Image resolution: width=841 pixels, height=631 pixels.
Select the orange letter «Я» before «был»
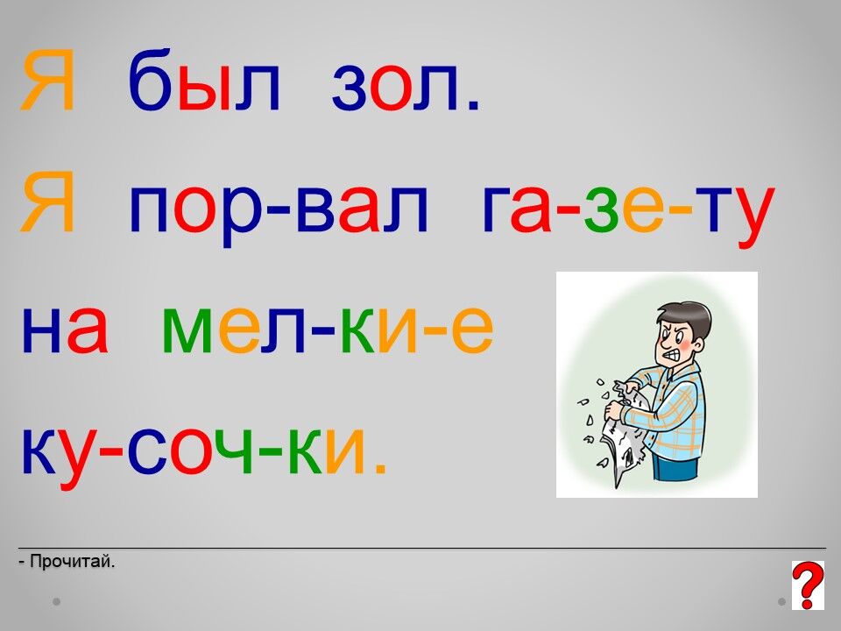[46, 81]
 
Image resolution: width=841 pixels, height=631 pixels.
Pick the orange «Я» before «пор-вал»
[46, 202]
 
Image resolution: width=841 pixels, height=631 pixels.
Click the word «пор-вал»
[279, 210]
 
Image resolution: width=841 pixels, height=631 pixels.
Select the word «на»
[64, 330]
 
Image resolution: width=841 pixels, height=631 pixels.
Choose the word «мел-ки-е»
[328, 330]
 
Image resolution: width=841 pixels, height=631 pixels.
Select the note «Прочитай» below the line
[67, 562]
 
